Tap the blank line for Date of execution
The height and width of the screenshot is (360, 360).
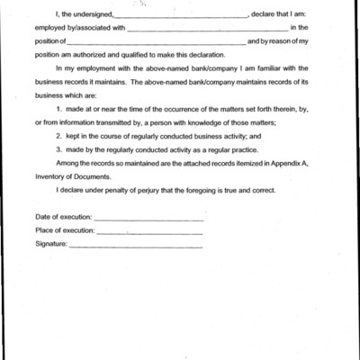click(148, 219)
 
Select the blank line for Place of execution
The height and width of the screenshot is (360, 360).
click(149, 231)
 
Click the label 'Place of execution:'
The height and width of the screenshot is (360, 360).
click(64, 231)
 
